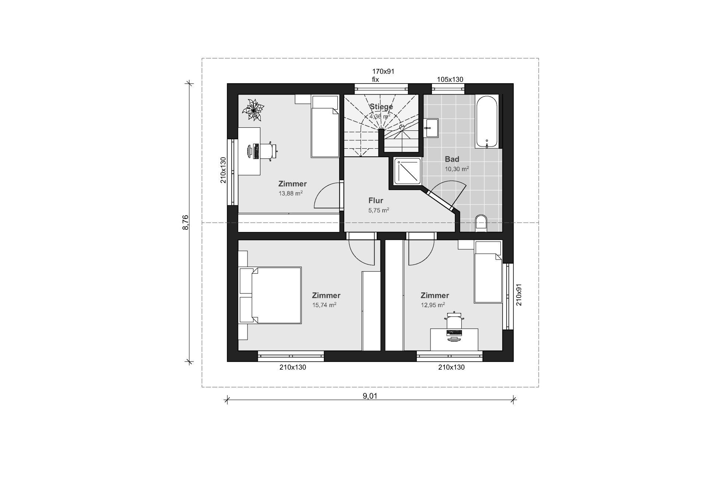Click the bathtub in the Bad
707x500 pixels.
pos(487,122)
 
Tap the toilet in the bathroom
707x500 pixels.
pos(481,223)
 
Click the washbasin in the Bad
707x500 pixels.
pos(430,128)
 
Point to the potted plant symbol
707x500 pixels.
pos(253,109)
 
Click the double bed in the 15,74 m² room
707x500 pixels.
pos(270,295)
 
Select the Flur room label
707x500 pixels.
pos(376,201)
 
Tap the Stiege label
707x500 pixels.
pos(381,107)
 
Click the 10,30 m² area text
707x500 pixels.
pos(457,169)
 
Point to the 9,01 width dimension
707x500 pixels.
pos(370,396)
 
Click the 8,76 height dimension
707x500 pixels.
pos(186,222)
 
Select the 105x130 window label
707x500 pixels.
pos(450,79)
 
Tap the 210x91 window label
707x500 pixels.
pos(519,295)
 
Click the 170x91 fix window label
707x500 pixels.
pos(383,75)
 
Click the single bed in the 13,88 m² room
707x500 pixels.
pos(325,126)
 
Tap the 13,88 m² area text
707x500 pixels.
pos(291,193)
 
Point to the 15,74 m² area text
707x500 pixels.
pos(324,305)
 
